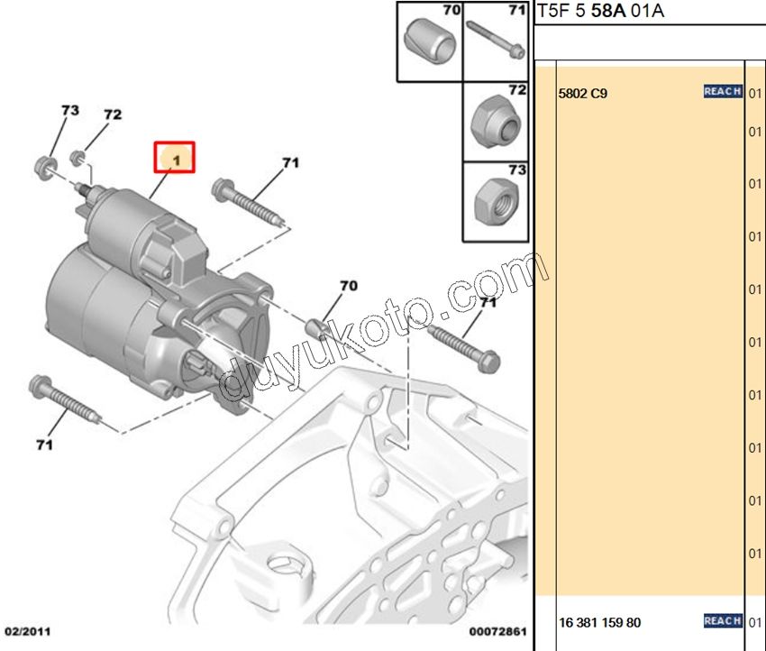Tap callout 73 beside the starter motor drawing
tap(69, 111)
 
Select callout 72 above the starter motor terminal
tap(112, 115)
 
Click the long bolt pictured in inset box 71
tap(496, 41)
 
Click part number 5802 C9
tap(583, 93)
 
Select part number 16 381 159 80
tap(600, 622)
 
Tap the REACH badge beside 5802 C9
tap(722, 91)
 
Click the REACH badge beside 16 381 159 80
tap(722, 620)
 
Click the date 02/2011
tap(28, 630)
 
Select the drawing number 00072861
tap(497, 630)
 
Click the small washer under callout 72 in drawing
tap(78, 160)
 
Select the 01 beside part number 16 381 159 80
tap(755, 622)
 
